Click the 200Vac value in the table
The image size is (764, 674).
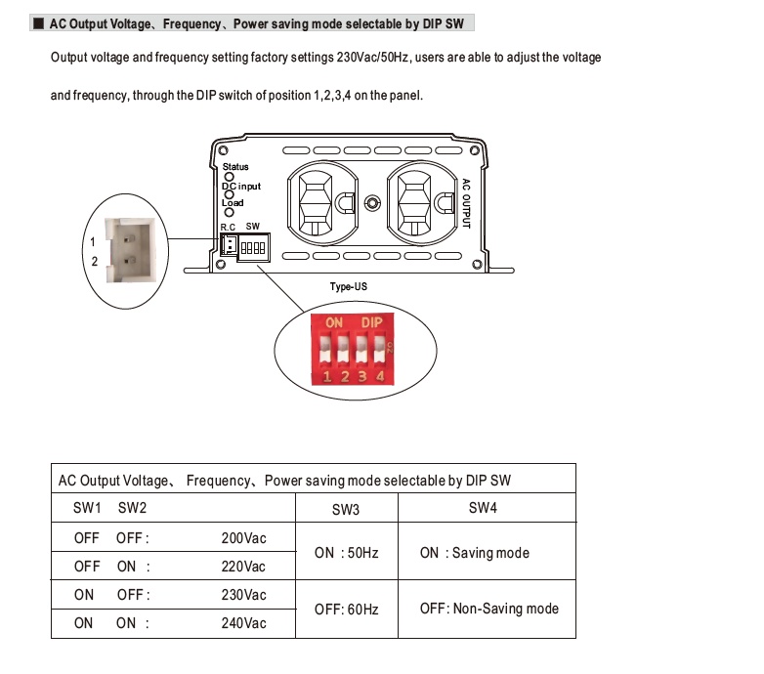(243, 538)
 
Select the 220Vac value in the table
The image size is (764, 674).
(243, 567)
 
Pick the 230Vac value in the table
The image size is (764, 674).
(243, 595)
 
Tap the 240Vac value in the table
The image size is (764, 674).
(243, 623)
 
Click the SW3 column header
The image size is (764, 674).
(346, 509)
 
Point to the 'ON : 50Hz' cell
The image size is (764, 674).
(346, 553)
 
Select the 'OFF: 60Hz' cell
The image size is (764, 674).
(346, 609)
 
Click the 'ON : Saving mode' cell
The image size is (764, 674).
(475, 553)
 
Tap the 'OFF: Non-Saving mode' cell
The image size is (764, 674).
(489, 609)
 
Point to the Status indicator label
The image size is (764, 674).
(235, 167)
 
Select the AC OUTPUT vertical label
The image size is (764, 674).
(467, 202)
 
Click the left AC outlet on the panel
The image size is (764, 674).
(317, 201)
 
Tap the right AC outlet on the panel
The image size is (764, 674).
(419, 201)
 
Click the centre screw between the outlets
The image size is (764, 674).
(371, 203)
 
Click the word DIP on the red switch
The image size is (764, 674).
(371, 322)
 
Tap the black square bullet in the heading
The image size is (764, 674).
(38, 22)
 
